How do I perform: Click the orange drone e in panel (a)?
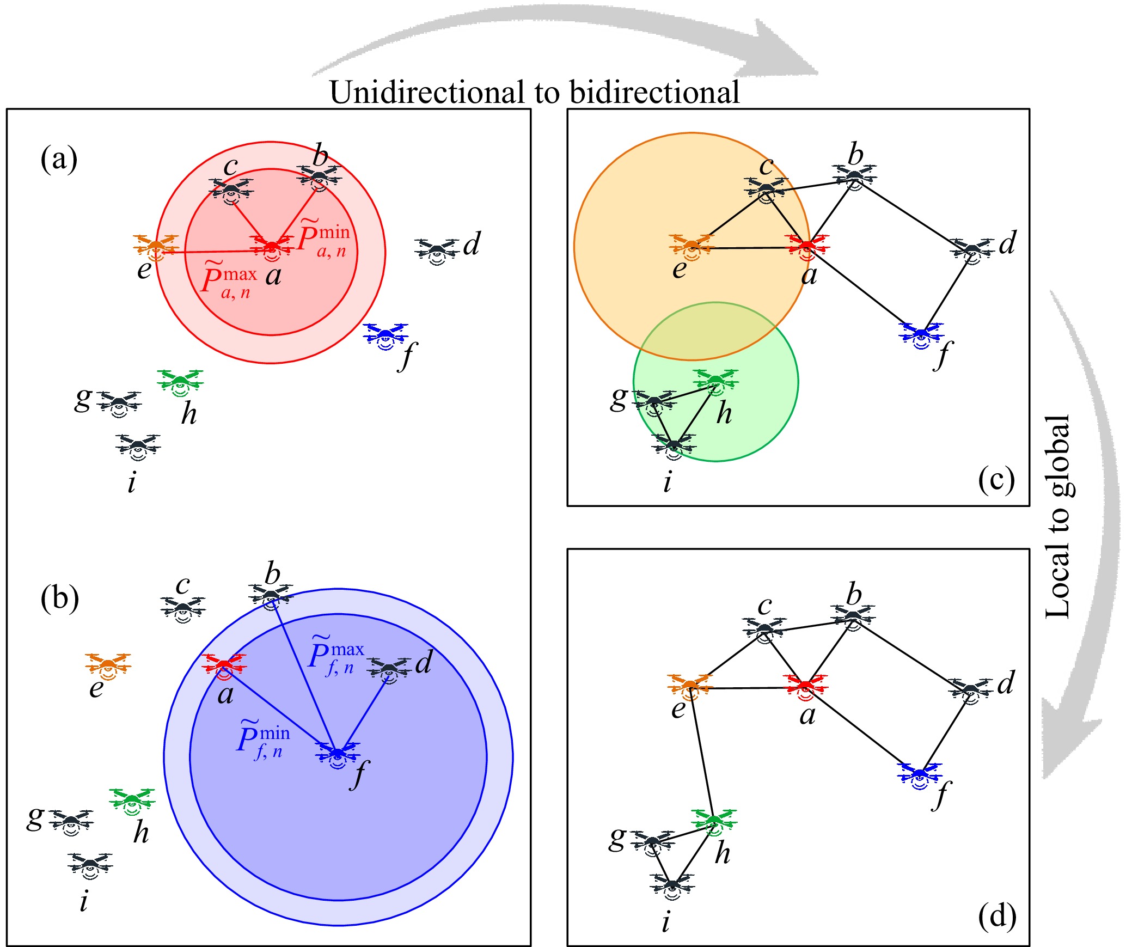(x=156, y=247)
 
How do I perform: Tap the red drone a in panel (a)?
(x=272, y=246)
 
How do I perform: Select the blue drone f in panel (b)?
(x=338, y=754)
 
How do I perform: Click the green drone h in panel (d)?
(x=714, y=822)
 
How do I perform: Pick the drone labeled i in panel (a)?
(x=138, y=447)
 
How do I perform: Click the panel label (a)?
(x=59, y=160)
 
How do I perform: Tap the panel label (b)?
(x=59, y=598)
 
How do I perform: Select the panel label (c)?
(x=996, y=480)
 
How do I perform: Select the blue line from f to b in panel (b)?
(x=305, y=677)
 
